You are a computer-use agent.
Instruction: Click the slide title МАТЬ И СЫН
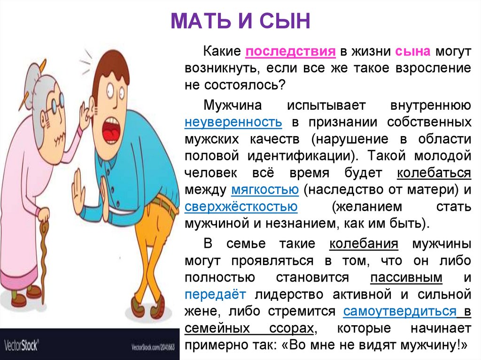pyautogui.click(x=240, y=22)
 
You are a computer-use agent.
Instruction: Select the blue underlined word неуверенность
pyautogui.click(x=233, y=122)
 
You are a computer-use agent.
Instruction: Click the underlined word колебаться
pyautogui.click(x=434, y=173)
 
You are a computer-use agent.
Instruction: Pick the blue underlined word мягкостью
pyautogui.click(x=265, y=190)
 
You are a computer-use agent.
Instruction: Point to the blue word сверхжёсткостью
pyautogui.click(x=241, y=207)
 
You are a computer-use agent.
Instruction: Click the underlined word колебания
pyautogui.click(x=364, y=244)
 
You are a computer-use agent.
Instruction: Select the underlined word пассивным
pyautogui.click(x=407, y=277)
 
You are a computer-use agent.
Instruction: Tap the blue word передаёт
pyautogui.click(x=215, y=294)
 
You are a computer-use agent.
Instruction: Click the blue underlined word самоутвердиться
pyautogui.click(x=400, y=311)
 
